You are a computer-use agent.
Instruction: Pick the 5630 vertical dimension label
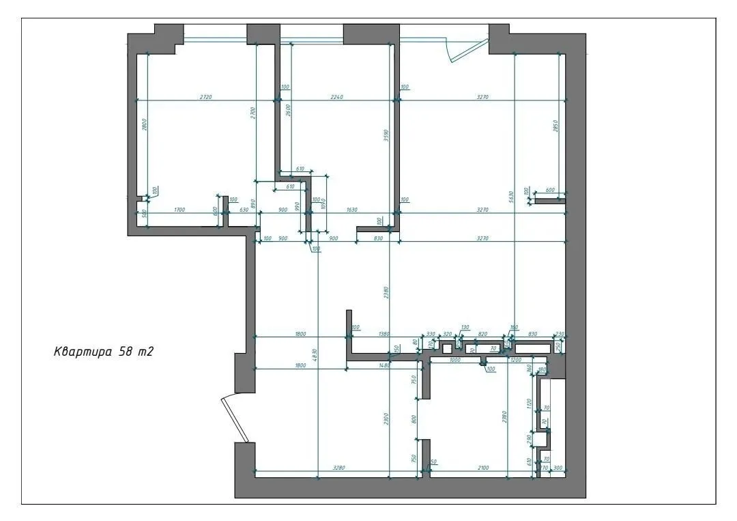510,196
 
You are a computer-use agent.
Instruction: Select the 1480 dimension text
384,366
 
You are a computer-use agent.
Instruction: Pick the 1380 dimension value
384,333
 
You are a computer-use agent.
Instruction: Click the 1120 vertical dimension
530,403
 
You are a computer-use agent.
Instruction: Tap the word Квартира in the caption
83,352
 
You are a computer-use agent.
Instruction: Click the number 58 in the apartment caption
125,352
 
